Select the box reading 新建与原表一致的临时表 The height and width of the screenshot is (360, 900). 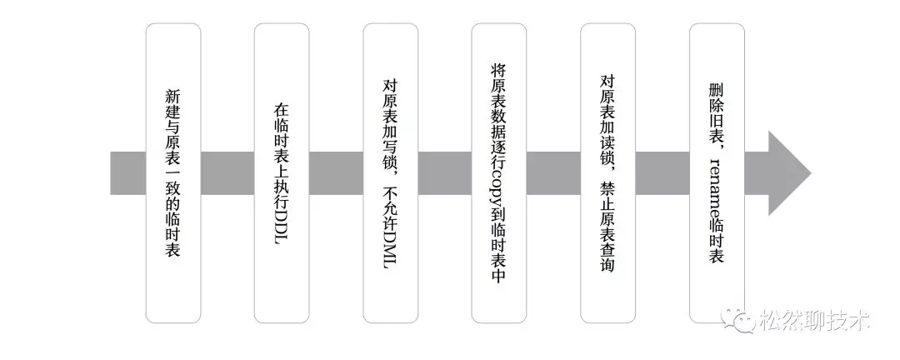(x=173, y=173)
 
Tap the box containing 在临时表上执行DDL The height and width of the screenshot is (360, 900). (x=282, y=173)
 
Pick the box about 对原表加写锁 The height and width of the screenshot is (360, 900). (x=390, y=173)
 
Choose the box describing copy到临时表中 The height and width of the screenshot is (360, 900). (x=499, y=173)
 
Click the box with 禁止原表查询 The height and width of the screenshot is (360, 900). (x=607, y=173)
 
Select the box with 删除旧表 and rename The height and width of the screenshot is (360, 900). (x=717, y=173)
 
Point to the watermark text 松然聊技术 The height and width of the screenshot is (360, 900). (x=815, y=320)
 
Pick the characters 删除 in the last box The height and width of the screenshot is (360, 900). (x=716, y=98)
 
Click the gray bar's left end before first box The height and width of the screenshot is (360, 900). (x=111, y=173)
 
